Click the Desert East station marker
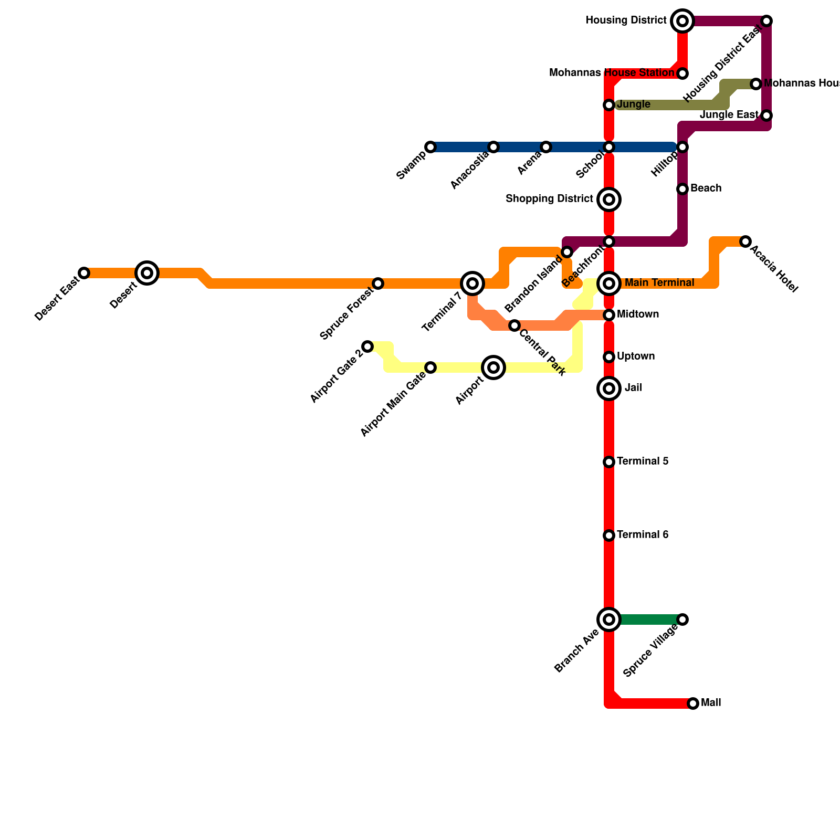point(84,273)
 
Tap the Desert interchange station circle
point(147,273)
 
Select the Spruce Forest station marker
point(378,283)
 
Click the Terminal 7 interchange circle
point(472,283)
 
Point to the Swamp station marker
point(430,147)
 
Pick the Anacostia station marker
point(493,147)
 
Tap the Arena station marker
point(546,147)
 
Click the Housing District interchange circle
point(682,21)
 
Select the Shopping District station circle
point(609,199)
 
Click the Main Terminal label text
point(659,283)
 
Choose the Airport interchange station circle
point(493,367)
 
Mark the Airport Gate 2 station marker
point(367,346)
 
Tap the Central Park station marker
point(514,325)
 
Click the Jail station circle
point(609,388)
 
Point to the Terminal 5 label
point(643,461)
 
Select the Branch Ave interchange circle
point(609,619)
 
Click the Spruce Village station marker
point(682,619)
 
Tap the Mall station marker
point(693,703)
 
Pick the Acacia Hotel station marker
point(745,241)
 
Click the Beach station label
point(706,188)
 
